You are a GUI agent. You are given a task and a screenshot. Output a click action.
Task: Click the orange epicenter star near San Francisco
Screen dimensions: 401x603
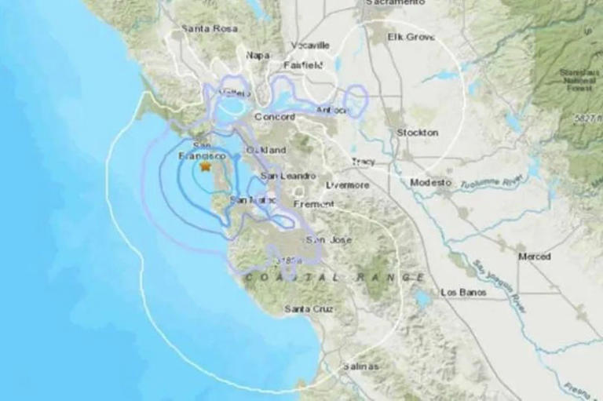(206, 166)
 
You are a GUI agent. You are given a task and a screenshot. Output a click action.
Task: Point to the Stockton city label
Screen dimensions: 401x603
(417, 133)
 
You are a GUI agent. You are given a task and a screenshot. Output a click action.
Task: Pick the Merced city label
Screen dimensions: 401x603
(534, 257)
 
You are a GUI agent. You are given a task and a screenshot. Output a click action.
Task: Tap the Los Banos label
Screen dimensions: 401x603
(462, 292)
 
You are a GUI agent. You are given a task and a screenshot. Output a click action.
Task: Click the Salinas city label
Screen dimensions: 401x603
(361, 366)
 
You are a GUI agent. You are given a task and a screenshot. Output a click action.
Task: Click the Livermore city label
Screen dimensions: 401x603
(347, 185)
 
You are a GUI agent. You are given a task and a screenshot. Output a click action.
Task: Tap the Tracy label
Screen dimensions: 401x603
(363, 162)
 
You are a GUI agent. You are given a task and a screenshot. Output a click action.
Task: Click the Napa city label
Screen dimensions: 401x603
(257, 54)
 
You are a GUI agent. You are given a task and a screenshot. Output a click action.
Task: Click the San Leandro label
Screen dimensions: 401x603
(287, 176)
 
